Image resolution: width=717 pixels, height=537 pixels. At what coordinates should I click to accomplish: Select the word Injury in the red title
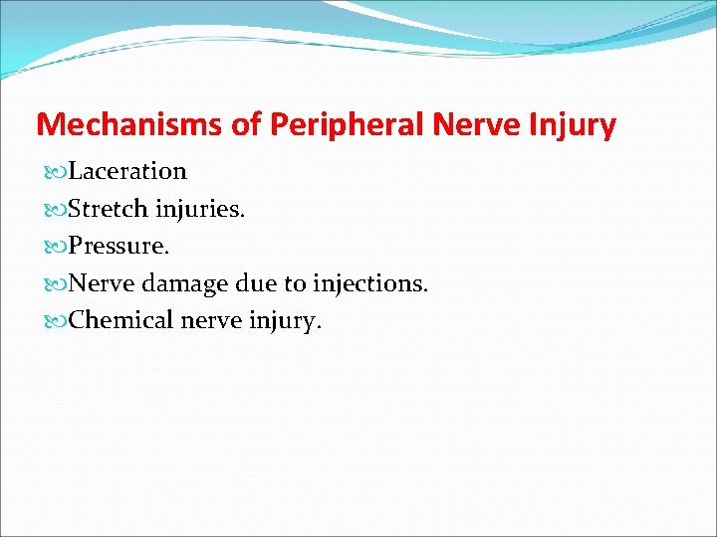pyautogui.click(x=575, y=125)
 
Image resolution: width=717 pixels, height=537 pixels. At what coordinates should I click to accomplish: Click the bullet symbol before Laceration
pyautogui.click(x=53, y=172)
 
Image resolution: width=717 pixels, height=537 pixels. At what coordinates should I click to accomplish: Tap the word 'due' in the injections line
pyautogui.click(x=258, y=284)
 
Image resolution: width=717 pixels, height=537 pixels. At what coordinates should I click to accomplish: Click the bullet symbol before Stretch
pyautogui.click(x=53, y=210)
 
